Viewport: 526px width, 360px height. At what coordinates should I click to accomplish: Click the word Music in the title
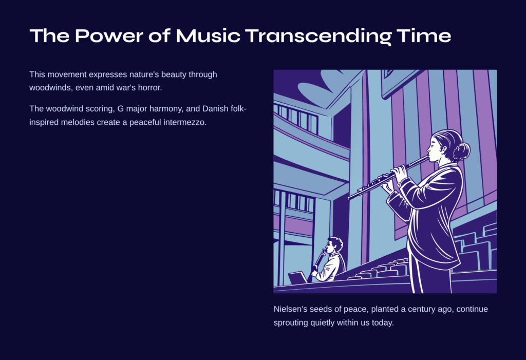pos(208,35)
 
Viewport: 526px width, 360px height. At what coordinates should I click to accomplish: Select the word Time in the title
pos(424,35)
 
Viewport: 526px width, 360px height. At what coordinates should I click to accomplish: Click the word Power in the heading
pos(109,35)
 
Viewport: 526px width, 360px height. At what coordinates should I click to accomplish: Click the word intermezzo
pos(184,122)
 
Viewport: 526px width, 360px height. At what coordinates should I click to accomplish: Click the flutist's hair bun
pos(461,151)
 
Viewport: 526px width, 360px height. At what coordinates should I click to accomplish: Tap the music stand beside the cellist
pos(298,278)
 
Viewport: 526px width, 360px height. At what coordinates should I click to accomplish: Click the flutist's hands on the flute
pos(394,178)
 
